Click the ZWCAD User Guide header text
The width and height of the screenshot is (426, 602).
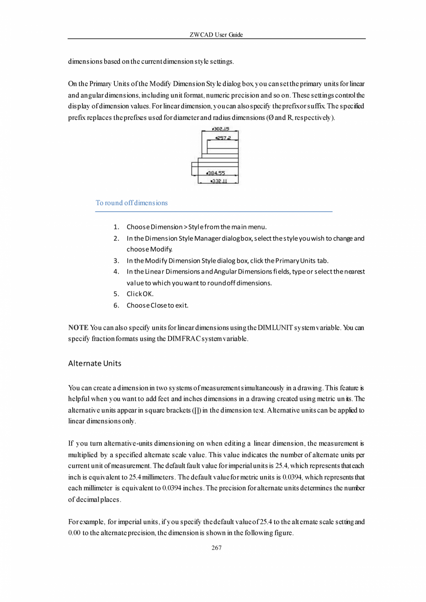click(216, 35)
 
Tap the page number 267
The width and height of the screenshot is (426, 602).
click(216, 548)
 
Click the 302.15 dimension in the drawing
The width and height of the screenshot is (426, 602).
click(220, 130)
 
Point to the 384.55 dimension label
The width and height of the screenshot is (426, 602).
click(216, 173)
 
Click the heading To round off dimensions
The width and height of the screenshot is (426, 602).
click(132, 203)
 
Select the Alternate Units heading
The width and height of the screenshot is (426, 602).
click(94, 364)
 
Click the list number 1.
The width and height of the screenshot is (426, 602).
click(117, 227)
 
